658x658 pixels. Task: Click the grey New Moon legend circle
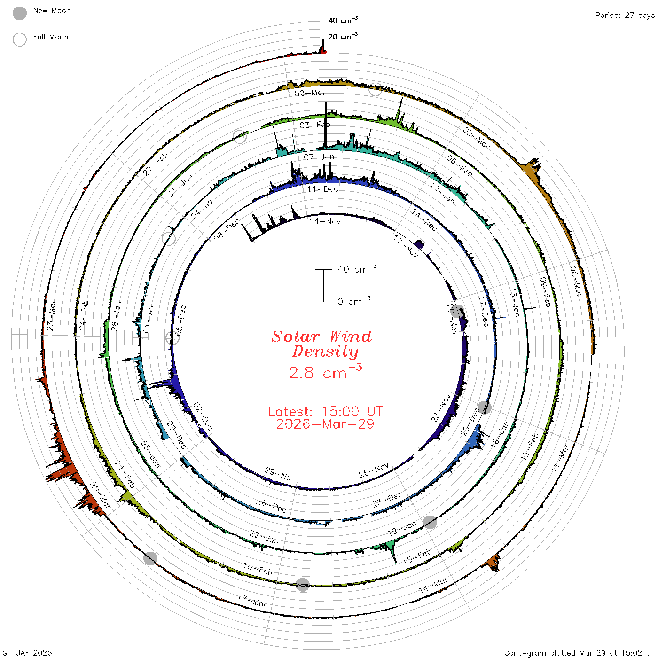20,13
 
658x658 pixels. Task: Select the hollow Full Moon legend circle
20,39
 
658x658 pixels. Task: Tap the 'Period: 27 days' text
625,16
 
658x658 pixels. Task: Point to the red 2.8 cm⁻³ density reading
325,372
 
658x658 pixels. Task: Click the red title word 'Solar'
296,337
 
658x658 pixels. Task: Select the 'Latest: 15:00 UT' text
325,411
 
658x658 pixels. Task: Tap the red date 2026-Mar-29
325,424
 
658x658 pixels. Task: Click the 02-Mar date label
310,93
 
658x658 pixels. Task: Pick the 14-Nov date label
325,222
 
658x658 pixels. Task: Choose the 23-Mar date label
51,315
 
